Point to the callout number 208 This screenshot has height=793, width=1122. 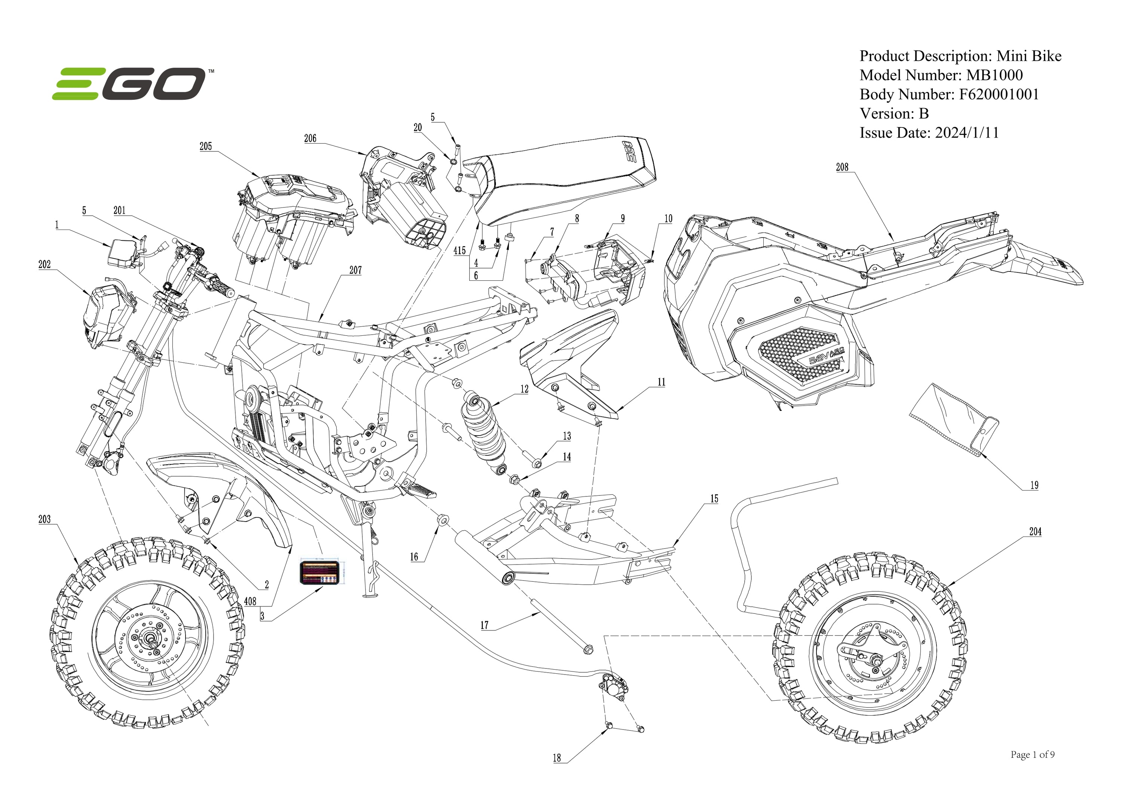[x=842, y=167]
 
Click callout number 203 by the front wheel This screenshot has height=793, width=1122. [x=45, y=519]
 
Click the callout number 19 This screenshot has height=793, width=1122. [x=1034, y=486]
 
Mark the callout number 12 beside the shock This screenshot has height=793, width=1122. [x=524, y=390]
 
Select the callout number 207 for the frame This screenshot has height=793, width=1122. [x=355, y=270]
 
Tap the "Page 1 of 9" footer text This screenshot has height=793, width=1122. [x=1032, y=755]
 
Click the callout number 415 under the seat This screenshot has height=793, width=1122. [x=459, y=250]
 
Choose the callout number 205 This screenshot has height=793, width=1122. [x=206, y=147]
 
